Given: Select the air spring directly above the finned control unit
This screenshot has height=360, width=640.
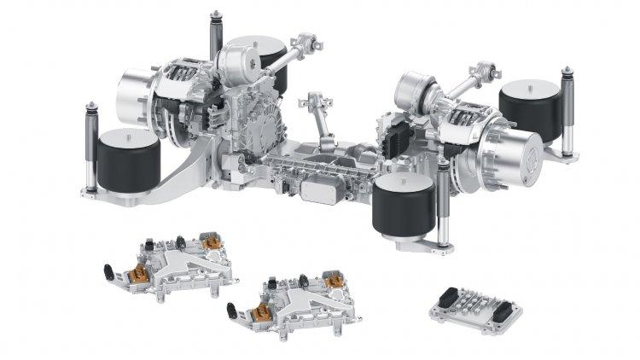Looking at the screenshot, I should pyautogui.click(x=404, y=203).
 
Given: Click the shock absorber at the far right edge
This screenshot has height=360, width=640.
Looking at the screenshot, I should pyautogui.click(x=567, y=115).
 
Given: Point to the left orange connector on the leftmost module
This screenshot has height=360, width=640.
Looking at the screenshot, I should pyautogui.click(x=136, y=274).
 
